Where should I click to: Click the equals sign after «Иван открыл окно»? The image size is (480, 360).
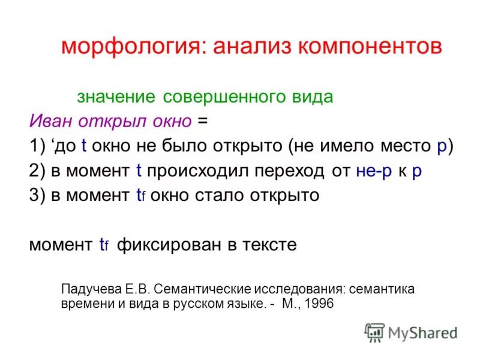[202, 121]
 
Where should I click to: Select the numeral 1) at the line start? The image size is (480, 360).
[38, 146]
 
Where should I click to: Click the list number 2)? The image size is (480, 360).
[38, 170]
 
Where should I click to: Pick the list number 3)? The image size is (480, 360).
[38, 196]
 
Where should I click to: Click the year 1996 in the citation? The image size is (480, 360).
[319, 304]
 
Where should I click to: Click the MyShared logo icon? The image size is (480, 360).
[375, 332]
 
